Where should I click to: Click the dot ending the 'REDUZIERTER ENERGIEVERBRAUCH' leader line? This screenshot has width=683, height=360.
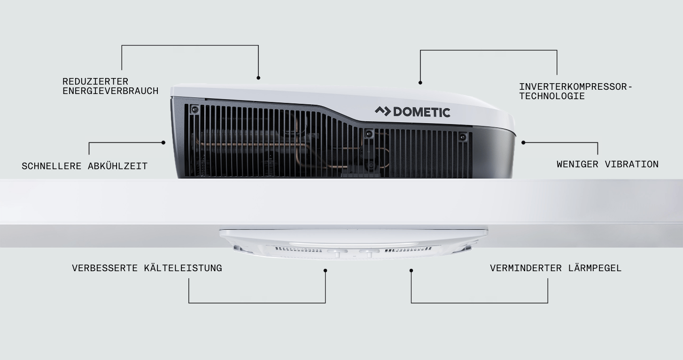tap(258, 78)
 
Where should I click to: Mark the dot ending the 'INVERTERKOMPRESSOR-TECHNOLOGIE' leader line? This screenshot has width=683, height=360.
tap(420, 83)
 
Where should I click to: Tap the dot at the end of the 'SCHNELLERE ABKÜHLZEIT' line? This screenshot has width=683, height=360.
tap(163, 142)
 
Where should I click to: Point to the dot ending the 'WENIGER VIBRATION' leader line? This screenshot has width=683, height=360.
tap(523, 142)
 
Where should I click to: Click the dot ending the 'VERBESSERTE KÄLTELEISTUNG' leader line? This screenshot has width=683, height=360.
tap(326, 271)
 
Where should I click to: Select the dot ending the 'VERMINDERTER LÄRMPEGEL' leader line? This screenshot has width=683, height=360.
tap(411, 271)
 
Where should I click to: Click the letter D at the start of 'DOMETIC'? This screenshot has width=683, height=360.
tap(397, 112)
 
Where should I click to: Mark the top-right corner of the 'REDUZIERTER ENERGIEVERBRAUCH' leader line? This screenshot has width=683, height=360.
tap(258, 46)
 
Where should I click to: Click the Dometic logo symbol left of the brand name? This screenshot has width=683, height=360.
tap(383, 111)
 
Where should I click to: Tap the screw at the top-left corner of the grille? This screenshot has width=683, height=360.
tap(194, 109)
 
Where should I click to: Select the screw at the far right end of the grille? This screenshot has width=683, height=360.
tap(463, 137)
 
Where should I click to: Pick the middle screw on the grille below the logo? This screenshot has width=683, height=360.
tap(369, 133)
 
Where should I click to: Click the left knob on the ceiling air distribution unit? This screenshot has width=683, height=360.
tap(337, 253)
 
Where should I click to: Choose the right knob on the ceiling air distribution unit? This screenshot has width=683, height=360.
tap(369, 253)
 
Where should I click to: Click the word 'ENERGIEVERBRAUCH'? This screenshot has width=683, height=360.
tap(110, 91)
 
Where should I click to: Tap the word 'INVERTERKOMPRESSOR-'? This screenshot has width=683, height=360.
tap(576, 87)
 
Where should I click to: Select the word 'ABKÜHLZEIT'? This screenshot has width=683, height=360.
tap(118, 166)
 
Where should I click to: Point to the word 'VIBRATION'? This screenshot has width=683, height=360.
tap(631, 164)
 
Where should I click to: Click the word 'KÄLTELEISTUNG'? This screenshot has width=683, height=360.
tap(183, 268)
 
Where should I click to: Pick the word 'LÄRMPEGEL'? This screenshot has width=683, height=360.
tap(595, 268)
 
